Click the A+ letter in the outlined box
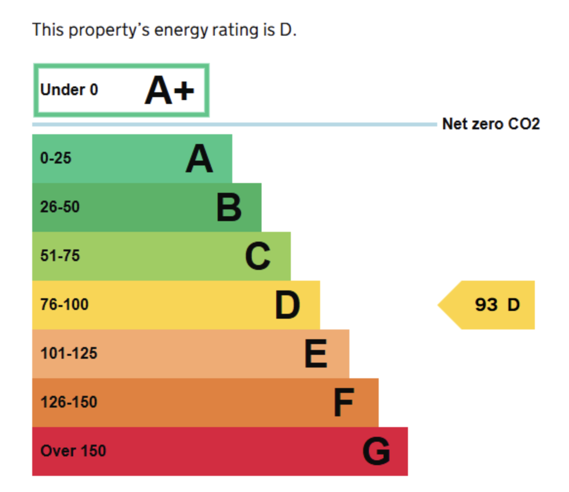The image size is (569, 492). [x=169, y=90]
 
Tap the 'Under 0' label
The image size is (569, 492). [x=69, y=90]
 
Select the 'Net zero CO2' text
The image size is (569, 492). [x=491, y=123]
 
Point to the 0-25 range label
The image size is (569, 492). [x=56, y=158]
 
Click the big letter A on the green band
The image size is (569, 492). [x=199, y=159]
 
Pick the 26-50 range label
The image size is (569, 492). [x=60, y=207]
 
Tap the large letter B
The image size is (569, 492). [x=229, y=207]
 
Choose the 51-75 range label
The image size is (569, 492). [x=60, y=255]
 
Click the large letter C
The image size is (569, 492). [x=258, y=256]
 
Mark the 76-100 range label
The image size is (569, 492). [x=64, y=305]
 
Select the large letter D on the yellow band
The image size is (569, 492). [x=287, y=305]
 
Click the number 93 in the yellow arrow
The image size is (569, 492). [x=486, y=305]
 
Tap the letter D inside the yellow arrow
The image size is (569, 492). [x=513, y=305]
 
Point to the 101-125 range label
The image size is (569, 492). [x=69, y=353]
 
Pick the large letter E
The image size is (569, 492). [x=316, y=354]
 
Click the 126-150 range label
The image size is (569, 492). [x=69, y=402]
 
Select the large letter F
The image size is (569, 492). [x=344, y=402]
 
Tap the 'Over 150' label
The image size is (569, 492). [x=73, y=451]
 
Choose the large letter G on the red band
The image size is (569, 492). [x=376, y=451]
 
